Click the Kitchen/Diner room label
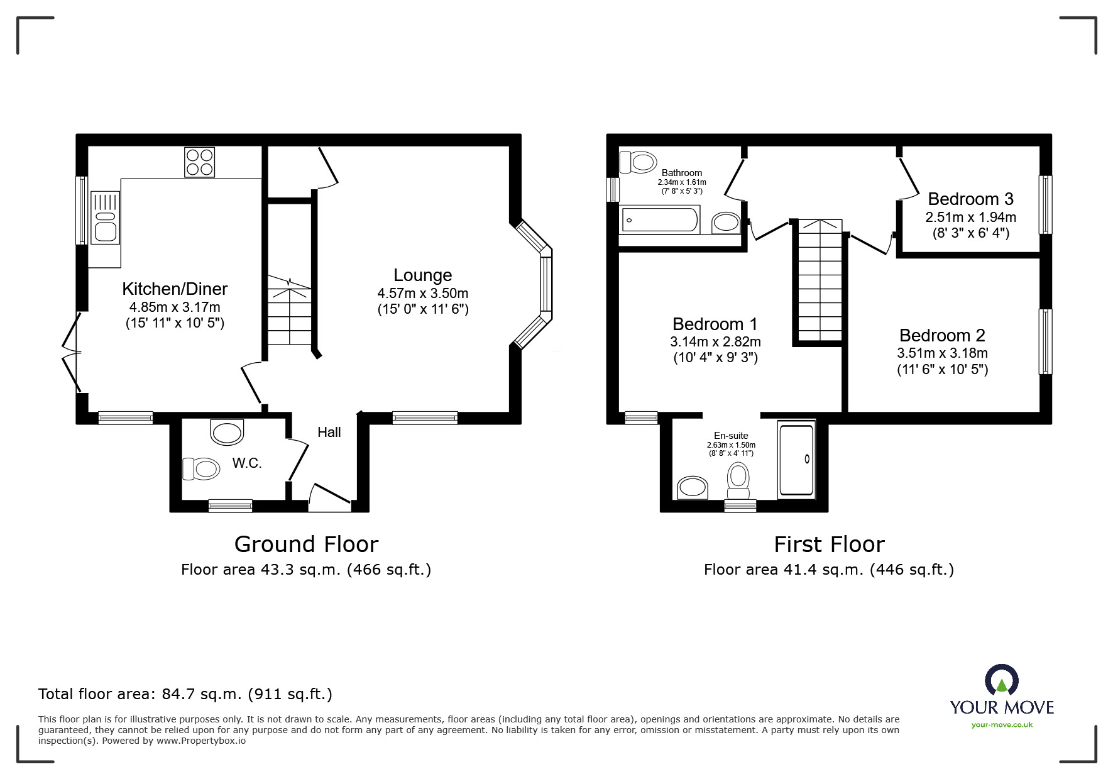(x=175, y=289)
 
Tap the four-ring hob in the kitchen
(x=199, y=162)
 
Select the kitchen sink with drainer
(x=105, y=218)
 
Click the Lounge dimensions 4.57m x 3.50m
(x=422, y=293)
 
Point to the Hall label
(x=329, y=432)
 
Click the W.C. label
(x=246, y=463)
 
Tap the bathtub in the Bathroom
(x=660, y=220)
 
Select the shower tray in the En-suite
(x=796, y=460)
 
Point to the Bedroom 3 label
(x=970, y=199)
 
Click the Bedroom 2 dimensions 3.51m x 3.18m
(x=942, y=353)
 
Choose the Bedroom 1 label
(x=715, y=324)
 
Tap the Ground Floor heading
(x=306, y=544)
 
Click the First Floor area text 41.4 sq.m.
(x=828, y=570)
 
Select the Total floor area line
(x=185, y=694)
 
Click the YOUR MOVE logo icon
(x=1001, y=681)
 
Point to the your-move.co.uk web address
(x=1002, y=725)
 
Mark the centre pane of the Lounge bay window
(x=546, y=284)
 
